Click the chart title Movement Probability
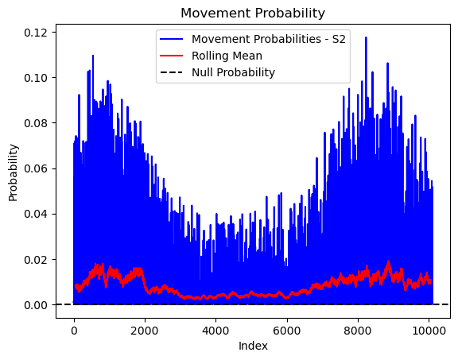pyautogui.click(x=253, y=14)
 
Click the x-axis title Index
pyautogui.click(x=253, y=346)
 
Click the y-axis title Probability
pyautogui.click(x=14, y=172)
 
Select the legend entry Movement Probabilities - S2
pyautogui.click(x=269, y=39)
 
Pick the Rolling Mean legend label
pyautogui.click(x=227, y=56)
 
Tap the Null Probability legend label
pyautogui.click(x=233, y=72)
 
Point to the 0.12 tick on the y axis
pyautogui.click(x=36, y=33)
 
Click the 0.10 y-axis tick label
pyautogui.click(x=36, y=78)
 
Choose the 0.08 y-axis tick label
pyautogui.click(x=36, y=123)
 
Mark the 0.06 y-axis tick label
pyautogui.click(x=36, y=168)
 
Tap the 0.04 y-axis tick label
pyautogui.click(x=36, y=214)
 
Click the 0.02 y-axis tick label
pyautogui.click(x=36, y=260)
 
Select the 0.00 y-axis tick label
pyautogui.click(x=36, y=305)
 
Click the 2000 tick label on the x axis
pyautogui.click(x=145, y=331)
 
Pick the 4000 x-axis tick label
pyautogui.click(x=215, y=331)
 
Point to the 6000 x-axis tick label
pyautogui.click(x=287, y=331)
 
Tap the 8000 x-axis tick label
pyautogui.click(x=358, y=331)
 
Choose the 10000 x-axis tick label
pyautogui.click(x=429, y=331)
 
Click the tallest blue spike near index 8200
pyautogui.click(x=366, y=37)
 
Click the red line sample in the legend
pyautogui.click(x=172, y=56)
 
